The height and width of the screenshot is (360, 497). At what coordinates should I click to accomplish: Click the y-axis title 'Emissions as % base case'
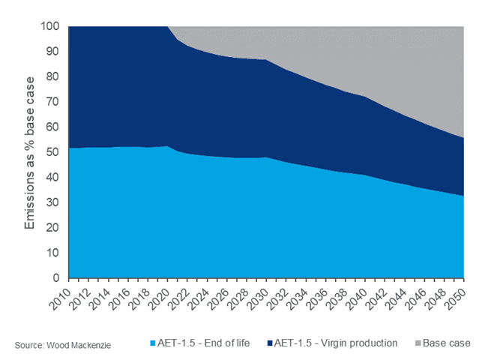point(30,152)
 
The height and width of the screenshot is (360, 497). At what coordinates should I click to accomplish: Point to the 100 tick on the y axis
point(49,26)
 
